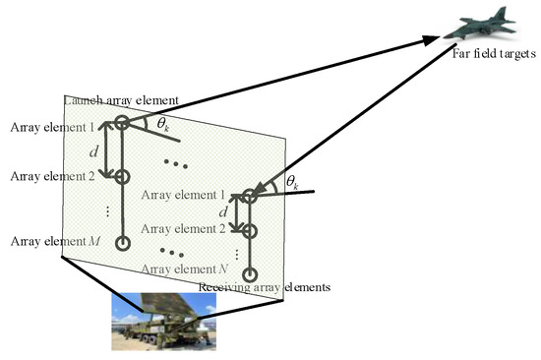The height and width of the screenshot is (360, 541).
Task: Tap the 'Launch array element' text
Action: [121, 101]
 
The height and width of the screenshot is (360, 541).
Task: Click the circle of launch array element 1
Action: [122, 123]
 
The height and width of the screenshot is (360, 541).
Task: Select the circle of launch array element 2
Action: [122, 176]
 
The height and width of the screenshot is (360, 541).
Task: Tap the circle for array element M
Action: [122, 242]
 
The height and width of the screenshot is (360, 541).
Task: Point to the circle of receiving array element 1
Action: [250, 196]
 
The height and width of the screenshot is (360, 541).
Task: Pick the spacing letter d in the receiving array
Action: [224, 211]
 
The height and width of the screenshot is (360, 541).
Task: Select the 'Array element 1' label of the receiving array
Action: [182, 196]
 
